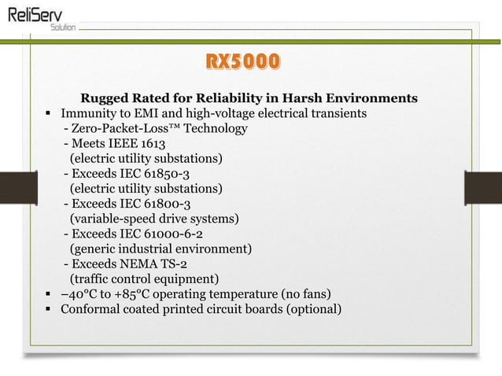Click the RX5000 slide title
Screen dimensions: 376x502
(x=242, y=62)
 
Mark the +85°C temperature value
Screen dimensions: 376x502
(x=111, y=293)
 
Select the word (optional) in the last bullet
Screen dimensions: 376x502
(x=314, y=308)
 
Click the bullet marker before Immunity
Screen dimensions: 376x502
(x=48, y=114)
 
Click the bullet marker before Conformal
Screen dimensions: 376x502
(x=48, y=309)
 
